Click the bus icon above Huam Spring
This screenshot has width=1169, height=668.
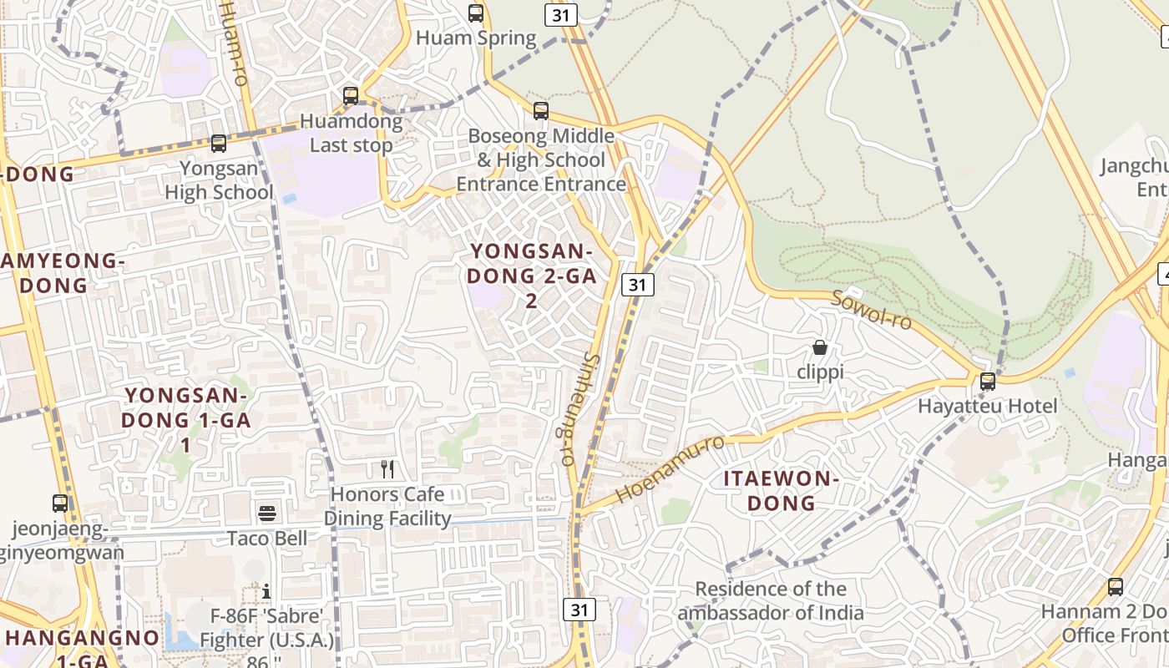[x=476, y=13]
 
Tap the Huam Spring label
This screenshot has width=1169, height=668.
[x=476, y=38]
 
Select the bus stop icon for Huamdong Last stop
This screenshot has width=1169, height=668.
[x=351, y=95]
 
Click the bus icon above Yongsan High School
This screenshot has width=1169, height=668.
[x=219, y=143]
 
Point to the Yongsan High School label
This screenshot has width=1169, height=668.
[x=219, y=180]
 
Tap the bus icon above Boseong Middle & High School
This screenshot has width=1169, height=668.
[x=541, y=110]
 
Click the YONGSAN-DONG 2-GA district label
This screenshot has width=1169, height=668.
[x=532, y=276]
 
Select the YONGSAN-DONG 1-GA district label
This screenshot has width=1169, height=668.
[x=186, y=419]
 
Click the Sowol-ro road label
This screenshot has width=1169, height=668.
[x=871, y=310]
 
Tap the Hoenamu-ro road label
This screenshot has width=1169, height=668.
[x=670, y=469]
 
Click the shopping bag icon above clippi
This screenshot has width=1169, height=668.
[x=820, y=347]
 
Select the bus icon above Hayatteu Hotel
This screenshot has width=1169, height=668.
[x=988, y=382]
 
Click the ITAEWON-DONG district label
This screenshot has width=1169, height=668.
[x=781, y=491]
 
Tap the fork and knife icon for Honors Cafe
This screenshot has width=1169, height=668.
[x=387, y=468]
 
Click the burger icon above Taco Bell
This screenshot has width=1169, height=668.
[x=267, y=513]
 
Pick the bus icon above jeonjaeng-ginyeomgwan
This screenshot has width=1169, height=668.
[x=60, y=503]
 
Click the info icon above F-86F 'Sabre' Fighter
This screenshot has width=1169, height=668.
[x=266, y=591]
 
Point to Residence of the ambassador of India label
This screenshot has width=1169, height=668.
[x=771, y=601]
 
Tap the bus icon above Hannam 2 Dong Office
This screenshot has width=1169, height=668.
[x=1116, y=586]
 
